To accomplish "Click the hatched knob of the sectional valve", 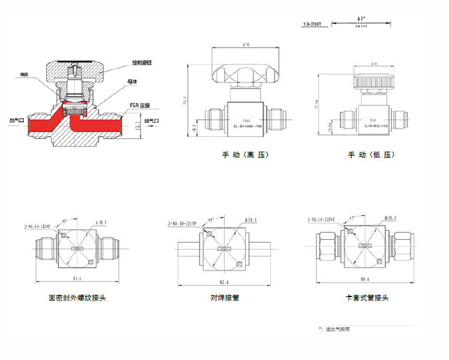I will coord(74,71).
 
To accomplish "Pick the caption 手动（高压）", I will coord(244,154).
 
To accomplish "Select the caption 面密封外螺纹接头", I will coord(77,298).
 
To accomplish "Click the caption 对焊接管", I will coord(225,298).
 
